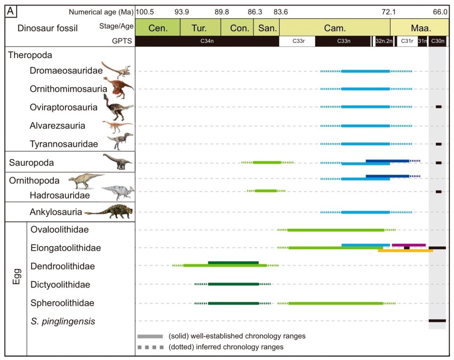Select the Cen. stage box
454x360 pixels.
pos(157,28)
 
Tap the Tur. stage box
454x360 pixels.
pos(200,28)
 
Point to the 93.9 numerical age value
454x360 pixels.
pos(182,12)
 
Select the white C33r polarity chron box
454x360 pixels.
pos(297,41)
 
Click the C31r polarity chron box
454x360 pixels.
pos(407,41)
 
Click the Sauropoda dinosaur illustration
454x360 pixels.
pos(117,162)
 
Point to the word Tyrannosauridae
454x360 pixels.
pos(63,144)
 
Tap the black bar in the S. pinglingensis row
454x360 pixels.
pos(437,321)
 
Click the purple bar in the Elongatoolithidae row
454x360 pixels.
pos(409,245)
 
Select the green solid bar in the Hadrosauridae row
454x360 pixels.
pos(266,191)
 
